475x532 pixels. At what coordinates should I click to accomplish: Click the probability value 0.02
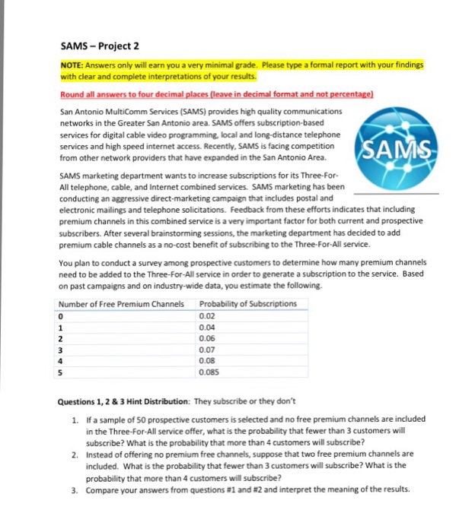[206, 315]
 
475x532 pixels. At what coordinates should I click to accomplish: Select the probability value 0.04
[206, 328]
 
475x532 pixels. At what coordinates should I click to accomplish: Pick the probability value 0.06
[206, 339]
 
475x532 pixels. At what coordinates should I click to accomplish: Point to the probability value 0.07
[206, 350]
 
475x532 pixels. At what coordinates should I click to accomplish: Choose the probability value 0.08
[206, 362]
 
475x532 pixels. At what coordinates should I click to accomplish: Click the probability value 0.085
[208, 373]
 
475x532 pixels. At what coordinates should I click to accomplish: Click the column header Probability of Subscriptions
[247, 304]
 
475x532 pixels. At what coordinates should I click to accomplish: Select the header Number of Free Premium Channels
[121, 304]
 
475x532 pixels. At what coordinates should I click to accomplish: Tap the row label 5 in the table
[61, 373]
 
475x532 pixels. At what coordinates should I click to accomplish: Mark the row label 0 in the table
[61, 315]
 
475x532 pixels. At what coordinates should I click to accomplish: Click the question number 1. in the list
[73, 420]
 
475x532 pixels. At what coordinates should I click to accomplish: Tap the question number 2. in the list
[73, 454]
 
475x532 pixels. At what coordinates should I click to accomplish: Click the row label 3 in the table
[61, 350]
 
